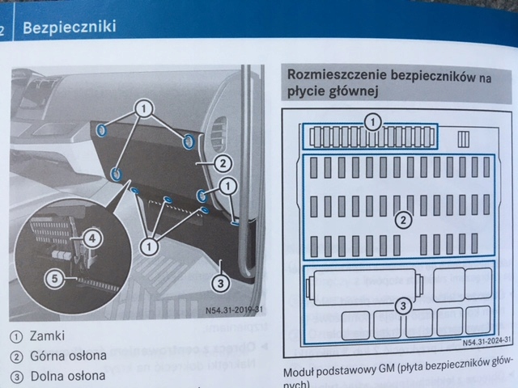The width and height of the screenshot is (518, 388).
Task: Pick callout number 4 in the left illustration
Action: click(x=91, y=238)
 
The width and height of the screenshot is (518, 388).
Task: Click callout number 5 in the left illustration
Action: click(x=54, y=279)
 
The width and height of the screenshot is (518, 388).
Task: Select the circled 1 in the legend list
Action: click(x=15, y=335)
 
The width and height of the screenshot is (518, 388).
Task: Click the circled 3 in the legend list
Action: click(x=15, y=377)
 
